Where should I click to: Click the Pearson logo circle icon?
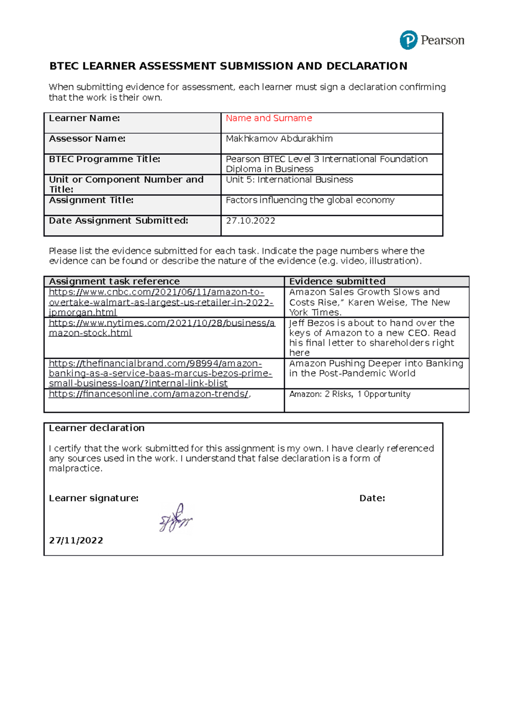click(408, 40)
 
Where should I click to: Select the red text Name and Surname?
click(268, 118)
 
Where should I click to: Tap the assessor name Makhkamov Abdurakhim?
click(279, 139)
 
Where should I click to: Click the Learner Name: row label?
click(84, 118)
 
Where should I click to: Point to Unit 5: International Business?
click(289, 180)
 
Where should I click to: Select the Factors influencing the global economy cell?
click(310, 201)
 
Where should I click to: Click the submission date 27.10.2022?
click(250, 221)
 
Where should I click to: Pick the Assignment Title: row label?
click(91, 201)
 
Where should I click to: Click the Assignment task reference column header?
click(114, 282)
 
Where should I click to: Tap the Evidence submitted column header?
click(337, 282)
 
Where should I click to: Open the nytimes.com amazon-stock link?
click(161, 328)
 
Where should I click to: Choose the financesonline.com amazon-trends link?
click(148, 394)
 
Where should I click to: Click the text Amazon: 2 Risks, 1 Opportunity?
click(349, 394)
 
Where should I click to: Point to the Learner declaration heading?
click(97, 428)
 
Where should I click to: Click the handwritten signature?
click(176, 519)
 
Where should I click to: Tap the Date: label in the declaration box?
click(372, 499)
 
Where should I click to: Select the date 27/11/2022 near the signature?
click(76, 541)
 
